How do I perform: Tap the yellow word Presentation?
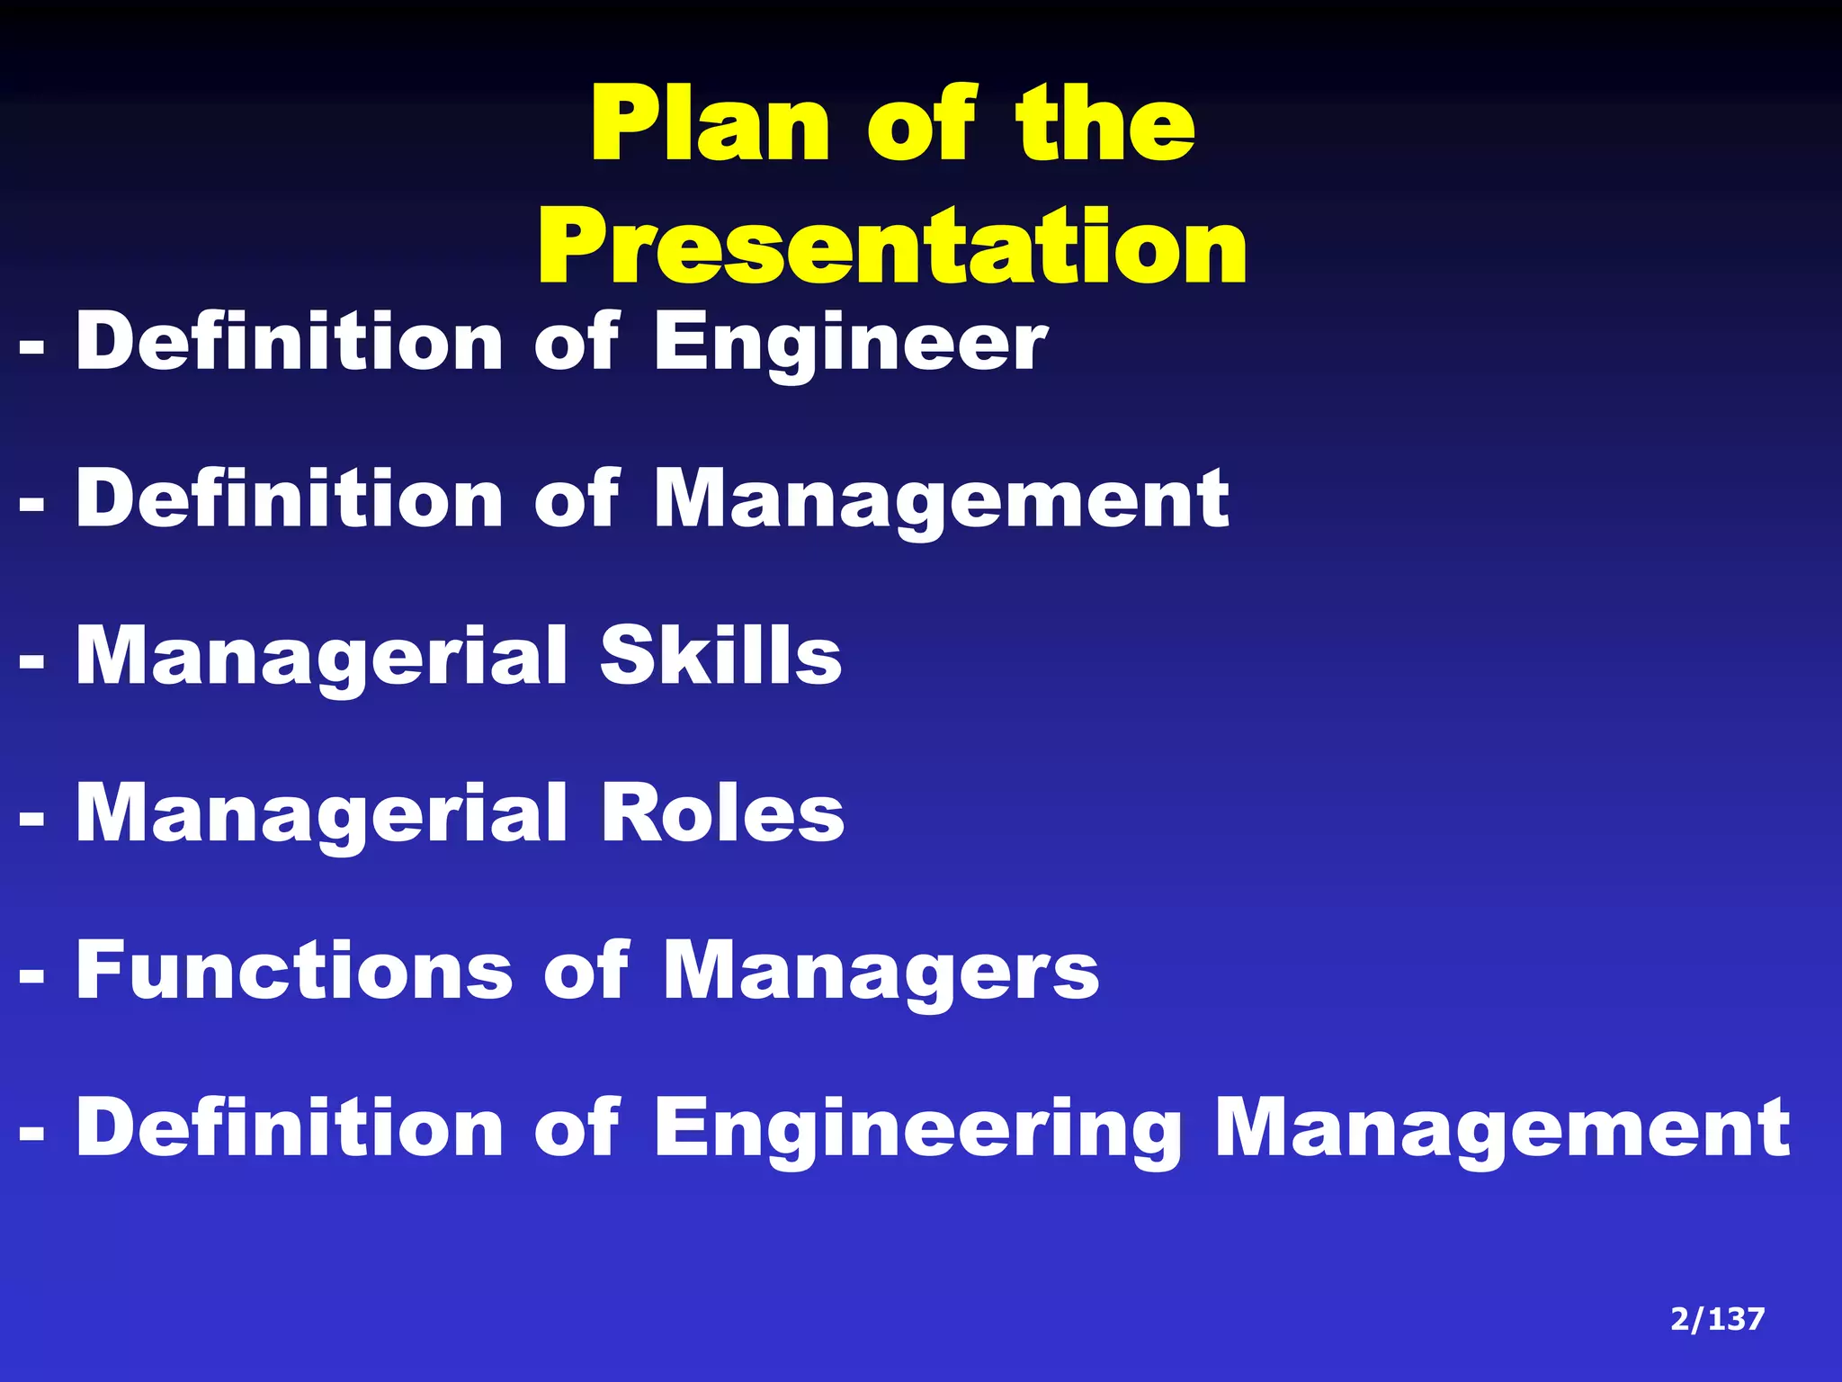tap(892, 246)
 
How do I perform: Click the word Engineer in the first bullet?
tap(851, 343)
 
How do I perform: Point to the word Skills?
tap(720, 656)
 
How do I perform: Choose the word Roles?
tap(722, 812)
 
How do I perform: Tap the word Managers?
tap(881, 972)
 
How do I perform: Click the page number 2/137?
tap(1717, 1319)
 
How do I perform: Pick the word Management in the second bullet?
tap(941, 500)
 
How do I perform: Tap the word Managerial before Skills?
tap(322, 658)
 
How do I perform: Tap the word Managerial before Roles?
tap(322, 814)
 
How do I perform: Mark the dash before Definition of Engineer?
tap(31, 346)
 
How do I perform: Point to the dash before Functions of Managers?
tap(31, 974)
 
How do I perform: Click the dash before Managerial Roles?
tap(31, 818)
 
